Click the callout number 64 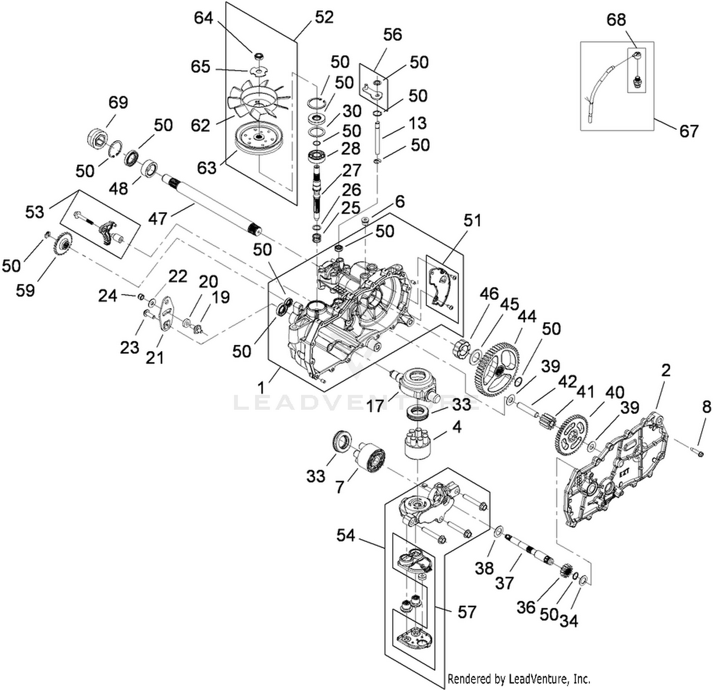[x=203, y=19]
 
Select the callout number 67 [x=689, y=131]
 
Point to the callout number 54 [x=346, y=535]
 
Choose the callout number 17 [x=376, y=407]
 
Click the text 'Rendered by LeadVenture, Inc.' [x=519, y=679]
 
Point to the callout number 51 [x=472, y=221]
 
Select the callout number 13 [x=417, y=123]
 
